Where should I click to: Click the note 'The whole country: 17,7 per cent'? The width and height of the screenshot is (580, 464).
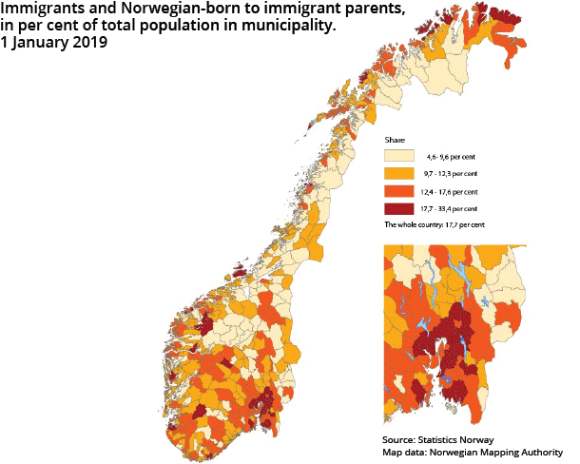coord(435,225)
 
